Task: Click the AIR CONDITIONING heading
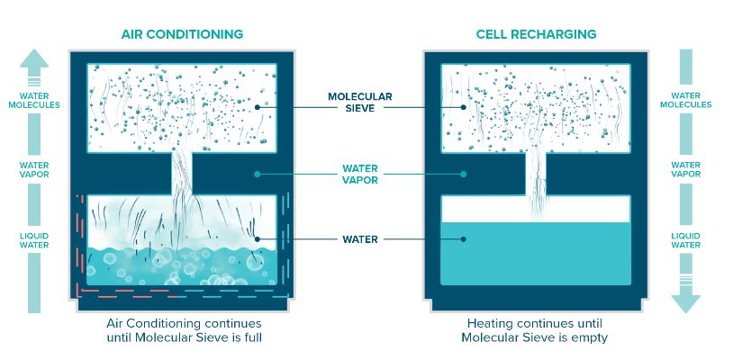[182, 34]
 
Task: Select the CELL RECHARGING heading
[536, 34]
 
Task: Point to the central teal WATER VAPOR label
[360, 175]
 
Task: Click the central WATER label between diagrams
[360, 239]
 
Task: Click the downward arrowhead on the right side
[686, 303]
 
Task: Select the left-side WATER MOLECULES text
[34, 101]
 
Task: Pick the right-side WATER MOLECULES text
[686, 101]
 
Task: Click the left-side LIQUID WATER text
[34, 240]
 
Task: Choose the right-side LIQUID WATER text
[686, 240]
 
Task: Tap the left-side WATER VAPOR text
[34, 170]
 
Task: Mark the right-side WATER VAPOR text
[686, 169]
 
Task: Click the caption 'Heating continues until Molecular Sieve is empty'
[535, 330]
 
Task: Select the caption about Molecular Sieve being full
[184, 330]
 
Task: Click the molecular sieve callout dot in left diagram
[258, 107]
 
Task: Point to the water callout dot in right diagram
[463, 239]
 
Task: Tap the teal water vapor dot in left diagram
[257, 175]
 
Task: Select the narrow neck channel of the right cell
[536, 174]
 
